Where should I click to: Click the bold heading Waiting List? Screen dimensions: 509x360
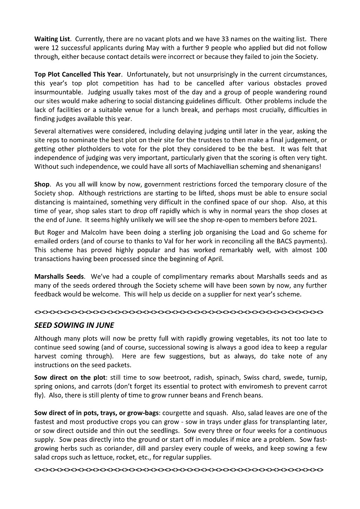pos(52,39)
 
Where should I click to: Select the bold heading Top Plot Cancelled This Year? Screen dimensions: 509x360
pos(78,75)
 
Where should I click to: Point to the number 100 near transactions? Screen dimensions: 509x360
pos(321,250)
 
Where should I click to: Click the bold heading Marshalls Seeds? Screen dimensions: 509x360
pos(59,276)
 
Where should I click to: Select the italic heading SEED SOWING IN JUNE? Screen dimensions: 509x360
pos(74,325)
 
